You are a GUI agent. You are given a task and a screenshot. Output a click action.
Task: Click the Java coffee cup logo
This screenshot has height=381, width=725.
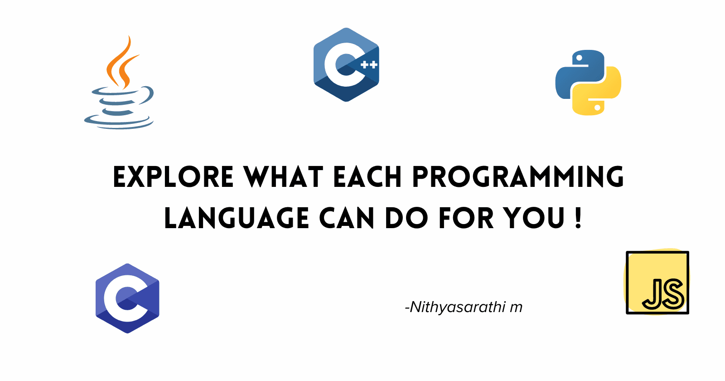pos(119,97)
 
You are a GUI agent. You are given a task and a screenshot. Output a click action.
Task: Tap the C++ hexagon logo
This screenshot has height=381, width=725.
pos(346,65)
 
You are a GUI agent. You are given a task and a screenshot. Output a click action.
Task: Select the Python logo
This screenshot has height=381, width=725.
pos(588,83)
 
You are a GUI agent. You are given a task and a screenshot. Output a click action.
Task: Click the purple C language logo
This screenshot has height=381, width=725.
pos(127,298)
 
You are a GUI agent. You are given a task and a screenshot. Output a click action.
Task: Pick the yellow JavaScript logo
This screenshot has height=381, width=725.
pos(657,282)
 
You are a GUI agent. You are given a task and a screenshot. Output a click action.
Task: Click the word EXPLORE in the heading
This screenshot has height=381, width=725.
pos(173,177)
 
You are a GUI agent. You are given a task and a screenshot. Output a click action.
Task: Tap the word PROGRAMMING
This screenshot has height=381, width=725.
pos(518,177)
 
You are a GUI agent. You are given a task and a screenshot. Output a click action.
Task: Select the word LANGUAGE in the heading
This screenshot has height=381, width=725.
pos(237,218)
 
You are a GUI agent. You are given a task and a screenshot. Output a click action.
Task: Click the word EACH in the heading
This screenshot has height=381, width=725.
pos(367,177)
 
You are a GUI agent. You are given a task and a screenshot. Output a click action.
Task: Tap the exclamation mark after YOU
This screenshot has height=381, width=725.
pos(579,218)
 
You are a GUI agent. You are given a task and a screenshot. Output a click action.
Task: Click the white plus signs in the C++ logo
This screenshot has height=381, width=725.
pos(369,65)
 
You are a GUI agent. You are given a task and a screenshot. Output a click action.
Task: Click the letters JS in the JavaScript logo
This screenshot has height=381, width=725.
pos(663,294)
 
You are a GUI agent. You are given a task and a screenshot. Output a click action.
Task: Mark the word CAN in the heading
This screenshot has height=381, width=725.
pos(347,218)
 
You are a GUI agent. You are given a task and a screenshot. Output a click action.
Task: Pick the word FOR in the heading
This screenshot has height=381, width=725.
pos(466,218)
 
